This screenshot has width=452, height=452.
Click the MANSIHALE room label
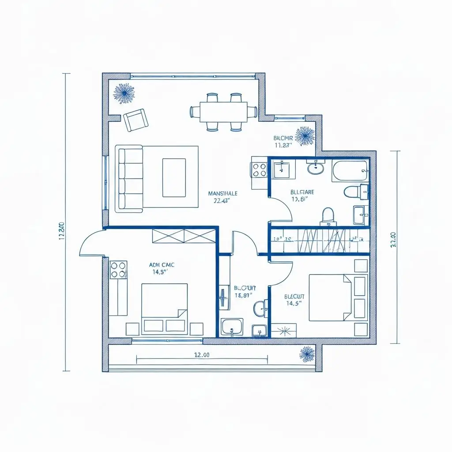pos(222,193)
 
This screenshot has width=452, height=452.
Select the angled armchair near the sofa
pos(136,120)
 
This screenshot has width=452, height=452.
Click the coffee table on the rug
pos(174,177)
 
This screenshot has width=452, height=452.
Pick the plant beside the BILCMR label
pos(305,136)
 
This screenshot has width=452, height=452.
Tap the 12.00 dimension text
pos(202,355)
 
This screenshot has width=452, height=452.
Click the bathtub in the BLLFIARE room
pos(350,171)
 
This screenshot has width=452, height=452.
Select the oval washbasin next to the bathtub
pos(316,168)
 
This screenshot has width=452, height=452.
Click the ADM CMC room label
pos(162,265)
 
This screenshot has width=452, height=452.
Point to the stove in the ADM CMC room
pos(118,270)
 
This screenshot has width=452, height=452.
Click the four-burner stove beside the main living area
pos(259,169)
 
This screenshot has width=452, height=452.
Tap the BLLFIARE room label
pos(302,192)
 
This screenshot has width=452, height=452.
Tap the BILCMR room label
pos(283,138)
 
